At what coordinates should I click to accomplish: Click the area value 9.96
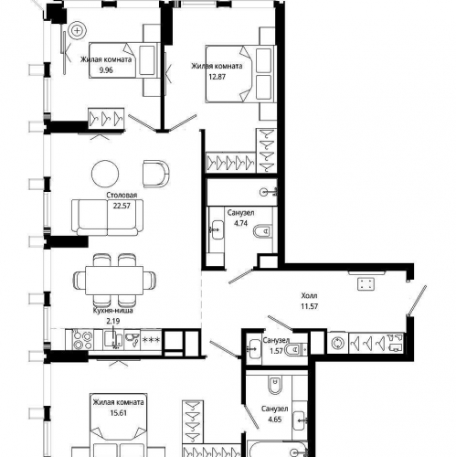click(x=106, y=70)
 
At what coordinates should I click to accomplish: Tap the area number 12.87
click(x=217, y=77)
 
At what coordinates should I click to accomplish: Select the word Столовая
click(x=122, y=195)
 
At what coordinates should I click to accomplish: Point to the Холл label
click(x=309, y=295)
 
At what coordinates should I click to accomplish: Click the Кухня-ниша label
click(x=113, y=311)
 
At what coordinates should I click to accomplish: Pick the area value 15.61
click(x=118, y=413)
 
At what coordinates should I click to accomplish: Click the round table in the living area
click(x=105, y=174)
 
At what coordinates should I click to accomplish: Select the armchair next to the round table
click(x=155, y=174)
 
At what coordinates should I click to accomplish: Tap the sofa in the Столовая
click(x=107, y=218)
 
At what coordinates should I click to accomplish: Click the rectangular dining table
click(x=114, y=281)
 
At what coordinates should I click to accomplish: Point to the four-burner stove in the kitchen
click(x=83, y=340)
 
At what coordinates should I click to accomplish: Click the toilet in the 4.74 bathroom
click(x=262, y=231)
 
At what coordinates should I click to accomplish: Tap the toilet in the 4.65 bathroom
click(x=275, y=385)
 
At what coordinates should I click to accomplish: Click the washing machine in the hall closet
click(x=337, y=343)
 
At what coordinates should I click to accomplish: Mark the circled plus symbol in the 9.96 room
click(x=78, y=30)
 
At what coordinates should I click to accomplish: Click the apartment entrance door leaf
click(x=417, y=301)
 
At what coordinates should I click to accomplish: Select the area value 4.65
click(x=275, y=420)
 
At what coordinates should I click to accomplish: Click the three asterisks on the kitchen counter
click(x=152, y=340)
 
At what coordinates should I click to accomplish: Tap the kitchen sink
click(x=113, y=340)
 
